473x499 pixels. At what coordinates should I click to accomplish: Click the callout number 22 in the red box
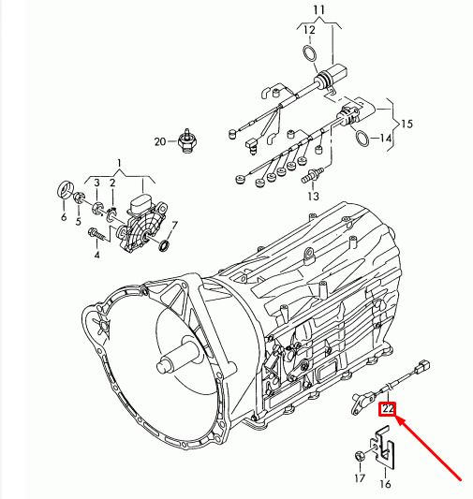(x=388, y=408)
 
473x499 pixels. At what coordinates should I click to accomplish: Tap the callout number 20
(x=160, y=141)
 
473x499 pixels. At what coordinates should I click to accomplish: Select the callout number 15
(x=406, y=124)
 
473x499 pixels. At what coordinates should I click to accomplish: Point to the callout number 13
(x=313, y=196)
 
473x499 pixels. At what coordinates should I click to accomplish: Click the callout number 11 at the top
(x=319, y=10)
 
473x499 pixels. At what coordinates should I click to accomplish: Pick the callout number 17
(x=360, y=478)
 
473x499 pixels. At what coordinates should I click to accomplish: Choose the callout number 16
(x=385, y=484)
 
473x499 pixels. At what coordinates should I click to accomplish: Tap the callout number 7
(x=174, y=226)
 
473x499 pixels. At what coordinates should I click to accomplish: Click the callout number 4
(x=96, y=255)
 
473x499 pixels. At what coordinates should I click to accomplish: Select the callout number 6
(x=64, y=217)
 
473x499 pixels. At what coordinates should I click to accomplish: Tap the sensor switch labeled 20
(x=187, y=140)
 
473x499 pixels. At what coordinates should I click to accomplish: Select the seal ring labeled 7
(x=165, y=245)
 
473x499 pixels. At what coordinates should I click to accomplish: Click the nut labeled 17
(x=360, y=456)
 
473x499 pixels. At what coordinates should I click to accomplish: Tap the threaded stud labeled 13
(x=312, y=175)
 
